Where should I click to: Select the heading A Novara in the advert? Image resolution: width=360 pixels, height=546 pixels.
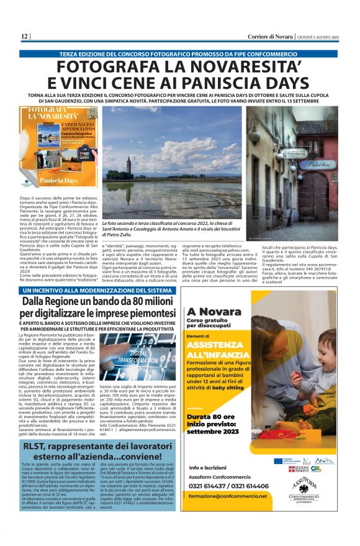coord(210,311)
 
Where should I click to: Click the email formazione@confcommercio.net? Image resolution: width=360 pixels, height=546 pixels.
coord(228,496)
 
